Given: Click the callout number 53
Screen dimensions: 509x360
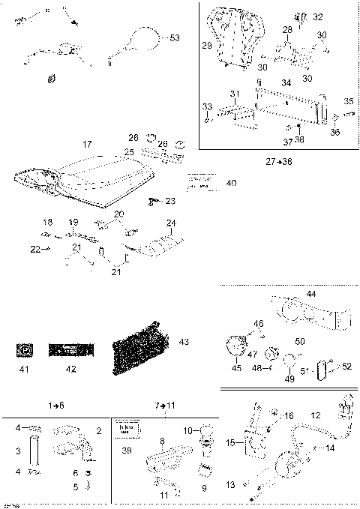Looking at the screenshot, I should pyautogui.click(x=175, y=37).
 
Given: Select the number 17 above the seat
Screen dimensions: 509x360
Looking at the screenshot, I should pyautogui.click(x=88, y=144).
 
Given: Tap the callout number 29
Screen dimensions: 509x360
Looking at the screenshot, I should pyautogui.click(x=207, y=46).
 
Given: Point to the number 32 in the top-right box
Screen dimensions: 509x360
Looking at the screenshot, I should pyautogui.click(x=318, y=16).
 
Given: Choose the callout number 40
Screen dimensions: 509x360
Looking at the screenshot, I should pyautogui.click(x=230, y=183).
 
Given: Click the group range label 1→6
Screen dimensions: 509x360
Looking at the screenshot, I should pyautogui.click(x=57, y=405).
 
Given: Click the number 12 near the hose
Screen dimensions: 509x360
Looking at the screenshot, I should pyautogui.click(x=316, y=415).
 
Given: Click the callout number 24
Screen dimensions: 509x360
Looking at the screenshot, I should pyautogui.click(x=171, y=223).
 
